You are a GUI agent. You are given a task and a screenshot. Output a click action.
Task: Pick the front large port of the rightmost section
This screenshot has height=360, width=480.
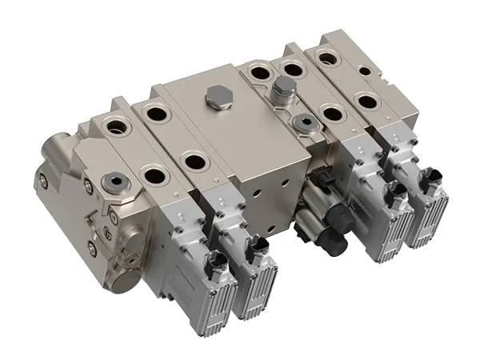[367, 102]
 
